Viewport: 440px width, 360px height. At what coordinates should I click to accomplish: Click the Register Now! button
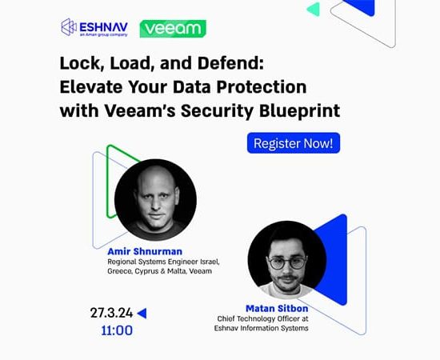coord(294,143)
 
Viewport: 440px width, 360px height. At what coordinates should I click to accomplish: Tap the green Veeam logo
coord(173,28)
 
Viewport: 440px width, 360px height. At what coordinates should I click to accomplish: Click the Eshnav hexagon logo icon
coord(69,27)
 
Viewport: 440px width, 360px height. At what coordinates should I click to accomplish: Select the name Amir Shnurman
coord(145,251)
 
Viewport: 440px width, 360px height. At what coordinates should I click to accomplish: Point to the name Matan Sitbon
coord(277,308)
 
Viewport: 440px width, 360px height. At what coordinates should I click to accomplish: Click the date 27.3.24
coord(111,313)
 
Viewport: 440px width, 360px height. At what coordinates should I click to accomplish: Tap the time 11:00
coord(117,330)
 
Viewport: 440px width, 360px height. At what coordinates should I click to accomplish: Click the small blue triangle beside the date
coord(142,313)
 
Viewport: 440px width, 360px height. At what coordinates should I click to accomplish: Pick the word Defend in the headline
coord(231,63)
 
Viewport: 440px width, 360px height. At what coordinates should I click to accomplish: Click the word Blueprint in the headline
coord(300,111)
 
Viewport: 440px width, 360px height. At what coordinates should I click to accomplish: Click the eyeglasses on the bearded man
coord(287,263)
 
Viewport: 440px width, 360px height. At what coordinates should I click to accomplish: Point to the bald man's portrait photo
coord(155,200)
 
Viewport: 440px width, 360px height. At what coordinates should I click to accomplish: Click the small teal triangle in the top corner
coord(314,9)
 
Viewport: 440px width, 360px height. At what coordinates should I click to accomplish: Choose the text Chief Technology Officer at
coord(262,318)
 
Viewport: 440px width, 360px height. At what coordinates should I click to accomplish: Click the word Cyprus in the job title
coord(146,271)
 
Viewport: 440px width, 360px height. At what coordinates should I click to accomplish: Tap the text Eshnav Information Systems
coord(262,328)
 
